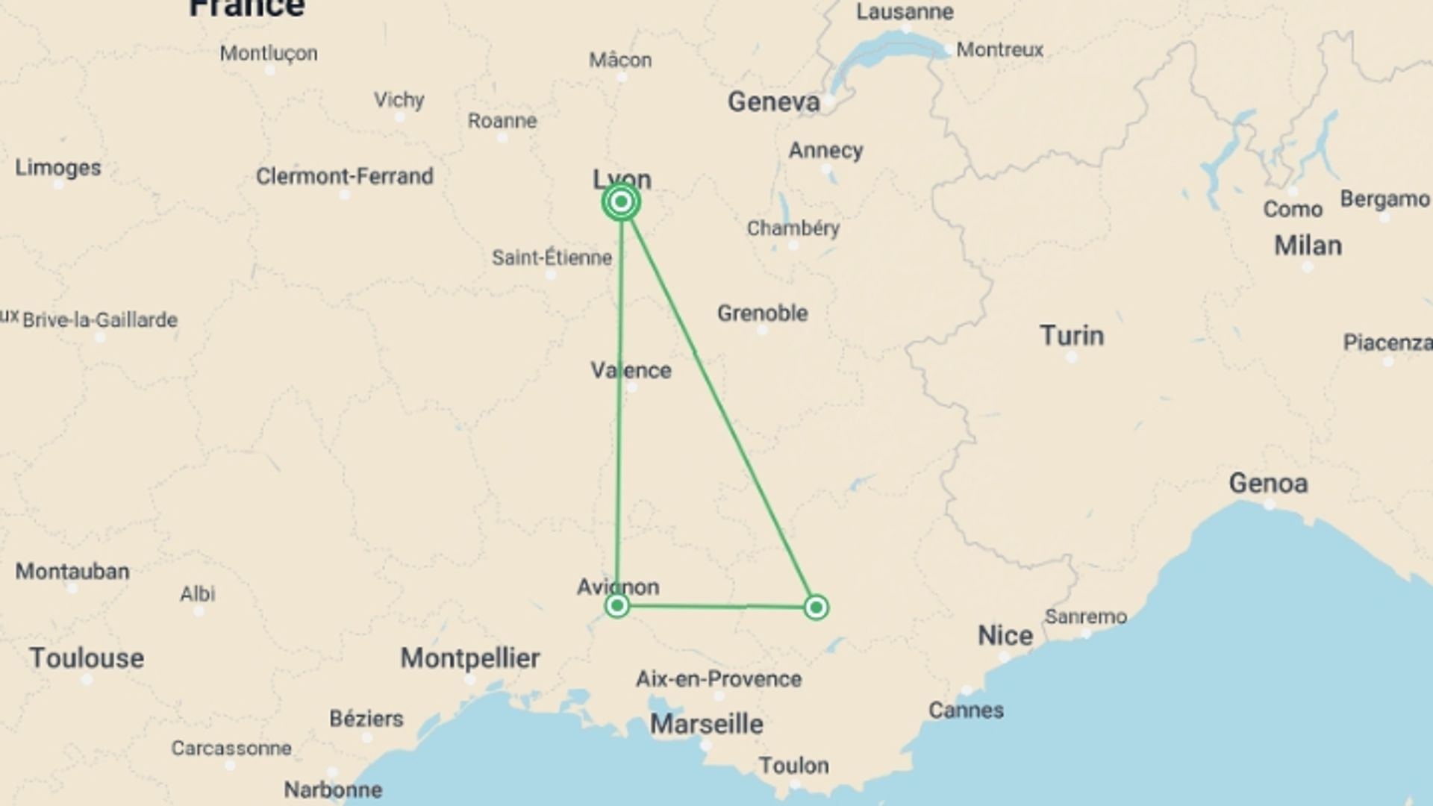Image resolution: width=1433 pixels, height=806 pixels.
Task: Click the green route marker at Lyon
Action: point(621,201)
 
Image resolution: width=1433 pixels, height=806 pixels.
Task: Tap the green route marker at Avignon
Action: point(617,605)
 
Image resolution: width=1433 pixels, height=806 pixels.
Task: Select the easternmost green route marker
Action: point(816,607)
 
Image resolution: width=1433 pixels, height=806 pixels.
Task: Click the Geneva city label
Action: point(773,101)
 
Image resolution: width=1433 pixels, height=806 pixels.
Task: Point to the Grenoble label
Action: point(762,313)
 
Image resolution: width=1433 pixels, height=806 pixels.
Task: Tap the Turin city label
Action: point(1071,336)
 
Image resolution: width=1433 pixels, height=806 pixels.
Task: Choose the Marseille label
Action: point(706,724)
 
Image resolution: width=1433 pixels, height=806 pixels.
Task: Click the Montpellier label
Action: point(470,658)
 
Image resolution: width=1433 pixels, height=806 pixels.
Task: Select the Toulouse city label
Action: point(87,658)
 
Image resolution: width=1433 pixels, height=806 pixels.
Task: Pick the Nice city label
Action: point(1005,636)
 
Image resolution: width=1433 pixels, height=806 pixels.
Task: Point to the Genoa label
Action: point(1268,484)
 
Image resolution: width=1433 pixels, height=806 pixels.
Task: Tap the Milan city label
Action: point(1308,246)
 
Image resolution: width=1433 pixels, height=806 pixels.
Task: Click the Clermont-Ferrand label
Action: point(344,176)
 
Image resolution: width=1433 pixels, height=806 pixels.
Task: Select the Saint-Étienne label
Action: point(552,258)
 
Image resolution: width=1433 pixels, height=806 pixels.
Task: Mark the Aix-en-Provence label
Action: point(719,679)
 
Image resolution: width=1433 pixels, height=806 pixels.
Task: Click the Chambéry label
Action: point(793,228)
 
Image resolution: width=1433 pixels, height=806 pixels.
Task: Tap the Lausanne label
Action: point(905,12)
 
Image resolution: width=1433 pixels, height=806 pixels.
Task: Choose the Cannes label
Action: point(966,710)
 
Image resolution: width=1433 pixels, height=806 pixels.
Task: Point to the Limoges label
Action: point(58,168)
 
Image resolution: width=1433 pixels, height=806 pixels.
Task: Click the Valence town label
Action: point(631,370)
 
